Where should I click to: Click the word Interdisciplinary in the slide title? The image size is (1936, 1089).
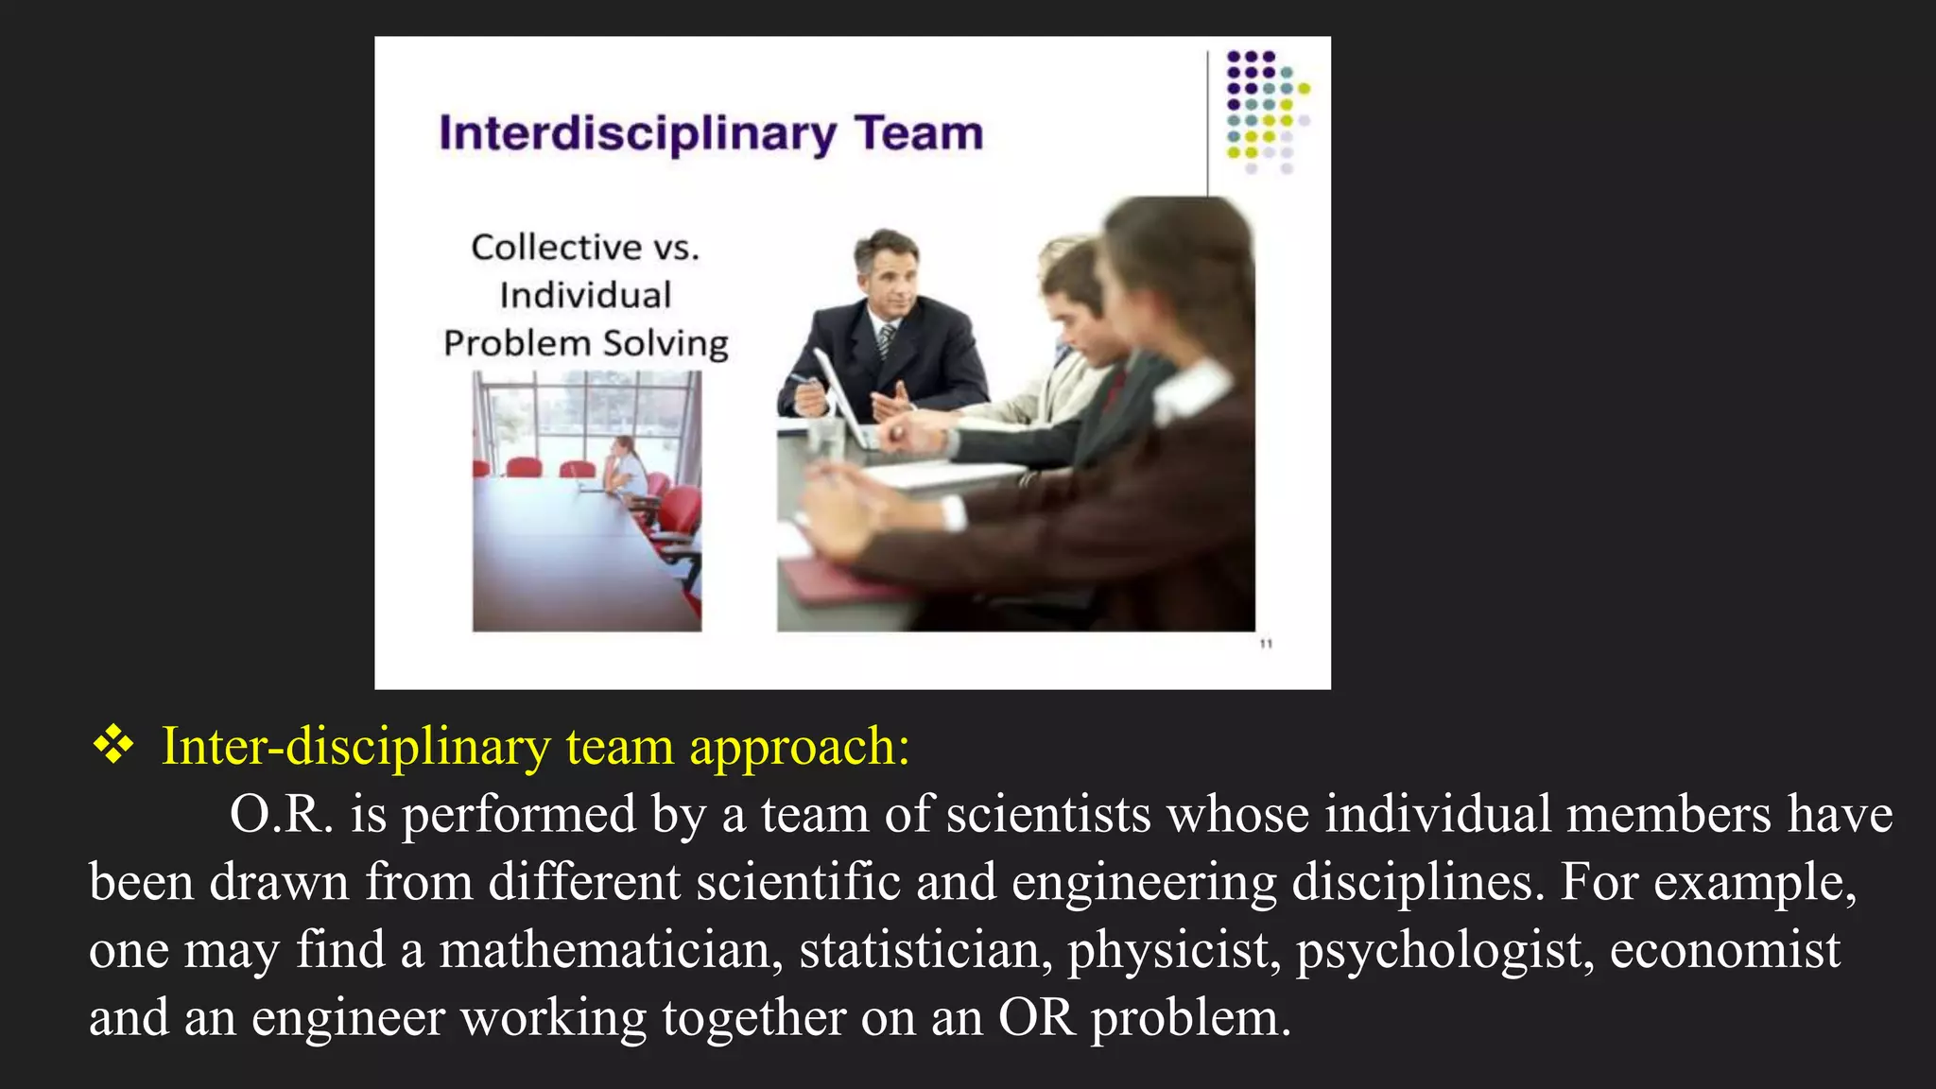click(638, 134)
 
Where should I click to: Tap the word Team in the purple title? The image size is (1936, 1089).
click(919, 133)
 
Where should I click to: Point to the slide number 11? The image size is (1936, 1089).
click(1266, 644)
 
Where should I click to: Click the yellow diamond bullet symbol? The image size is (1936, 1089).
click(113, 745)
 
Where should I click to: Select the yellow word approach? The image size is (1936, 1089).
click(800, 747)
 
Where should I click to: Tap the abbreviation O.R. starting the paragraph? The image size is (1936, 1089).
click(282, 814)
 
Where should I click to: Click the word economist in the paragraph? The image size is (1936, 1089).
click(1724, 949)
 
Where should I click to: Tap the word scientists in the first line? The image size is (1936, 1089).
click(1048, 814)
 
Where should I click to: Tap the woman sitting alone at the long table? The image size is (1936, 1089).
click(627, 465)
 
